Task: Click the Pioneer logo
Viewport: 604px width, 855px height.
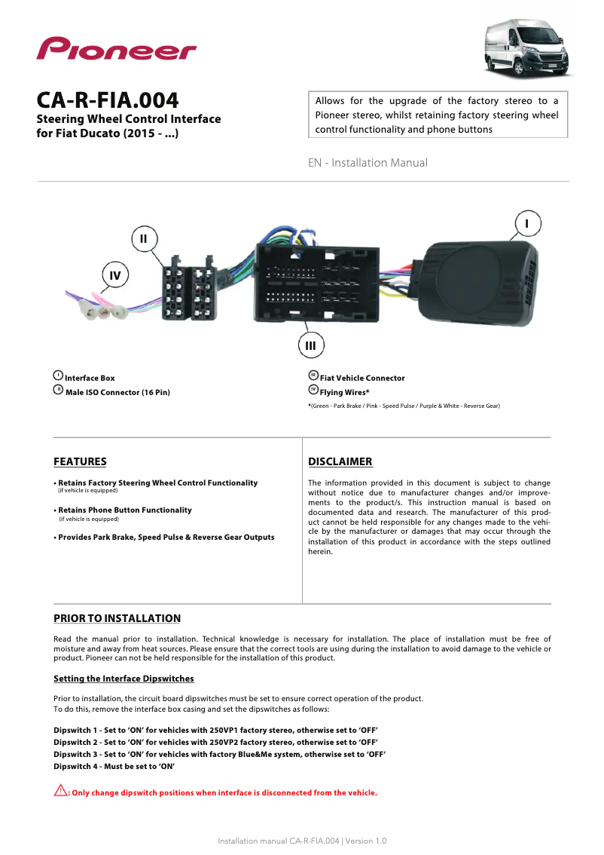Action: coord(117,50)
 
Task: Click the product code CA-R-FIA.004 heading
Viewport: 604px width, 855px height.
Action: coord(108,100)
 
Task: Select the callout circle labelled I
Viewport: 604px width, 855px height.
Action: coord(527,224)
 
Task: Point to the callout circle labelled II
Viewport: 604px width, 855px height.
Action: coord(144,238)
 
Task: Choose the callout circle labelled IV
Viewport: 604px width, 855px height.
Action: coord(114,275)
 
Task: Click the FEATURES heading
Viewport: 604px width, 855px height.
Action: coord(80,461)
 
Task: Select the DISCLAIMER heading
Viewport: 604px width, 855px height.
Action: coord(340,461)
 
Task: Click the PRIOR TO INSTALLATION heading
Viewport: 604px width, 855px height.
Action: coord(117,618)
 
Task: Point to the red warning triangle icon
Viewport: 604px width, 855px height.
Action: coord(60,791)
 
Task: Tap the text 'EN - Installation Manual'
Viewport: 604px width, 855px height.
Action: coord(368,163)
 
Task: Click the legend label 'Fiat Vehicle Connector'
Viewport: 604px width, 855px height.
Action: coord(362,378)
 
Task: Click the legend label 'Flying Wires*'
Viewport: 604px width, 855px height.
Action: coord(344,392)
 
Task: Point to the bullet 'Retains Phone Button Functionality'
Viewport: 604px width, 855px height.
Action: coord(125,510)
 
